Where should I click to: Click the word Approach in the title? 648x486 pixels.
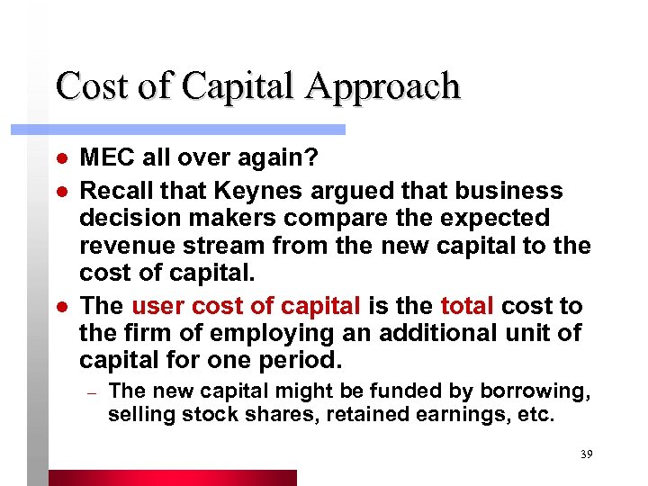tap(382, 87)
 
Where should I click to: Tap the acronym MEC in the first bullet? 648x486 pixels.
tap(102, 158)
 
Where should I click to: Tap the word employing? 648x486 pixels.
tap(256, 333)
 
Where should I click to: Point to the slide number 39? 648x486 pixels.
tap(586, 454)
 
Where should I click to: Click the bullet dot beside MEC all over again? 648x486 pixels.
tap(59, 159)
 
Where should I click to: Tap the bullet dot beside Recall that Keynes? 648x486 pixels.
tap(59, 192)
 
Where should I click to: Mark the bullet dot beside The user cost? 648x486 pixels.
tap(59, 307)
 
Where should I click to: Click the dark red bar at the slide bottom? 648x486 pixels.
tap(171, 477)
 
